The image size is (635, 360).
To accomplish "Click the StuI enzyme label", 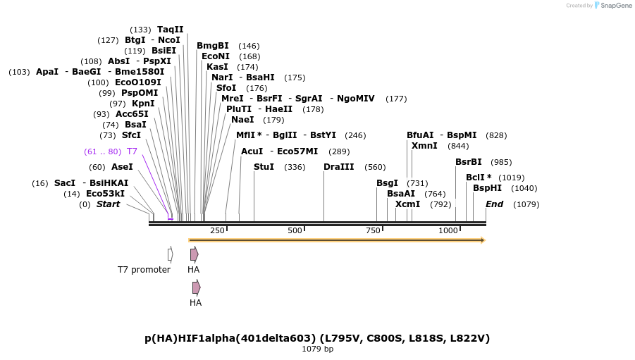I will [264, 167].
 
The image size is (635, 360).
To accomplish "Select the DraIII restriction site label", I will [339, 167].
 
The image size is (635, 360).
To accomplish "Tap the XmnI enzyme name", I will [424, 146].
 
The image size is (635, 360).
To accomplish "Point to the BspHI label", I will [487, 188].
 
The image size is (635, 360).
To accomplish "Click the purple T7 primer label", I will [132, 151].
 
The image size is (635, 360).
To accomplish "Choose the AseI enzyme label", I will [122, 167].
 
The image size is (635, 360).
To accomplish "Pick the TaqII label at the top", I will [170, 30].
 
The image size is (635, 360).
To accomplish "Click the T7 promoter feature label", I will [144, 270].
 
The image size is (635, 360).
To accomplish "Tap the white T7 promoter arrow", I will [171, 254].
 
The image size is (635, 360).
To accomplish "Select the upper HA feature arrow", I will [194, 254].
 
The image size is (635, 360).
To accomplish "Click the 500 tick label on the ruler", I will [295, 230].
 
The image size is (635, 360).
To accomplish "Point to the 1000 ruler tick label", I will [448, 230].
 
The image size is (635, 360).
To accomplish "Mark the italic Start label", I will [108, 204].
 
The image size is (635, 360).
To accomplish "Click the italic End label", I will [494, 204].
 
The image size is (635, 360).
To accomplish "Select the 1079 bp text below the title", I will [317, 349].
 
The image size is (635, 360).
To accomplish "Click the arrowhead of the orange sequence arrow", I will [483, 240].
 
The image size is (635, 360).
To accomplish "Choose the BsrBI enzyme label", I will [469, 162].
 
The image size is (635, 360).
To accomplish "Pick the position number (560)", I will [375, 167].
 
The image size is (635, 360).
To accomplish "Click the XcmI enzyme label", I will [407, 204].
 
